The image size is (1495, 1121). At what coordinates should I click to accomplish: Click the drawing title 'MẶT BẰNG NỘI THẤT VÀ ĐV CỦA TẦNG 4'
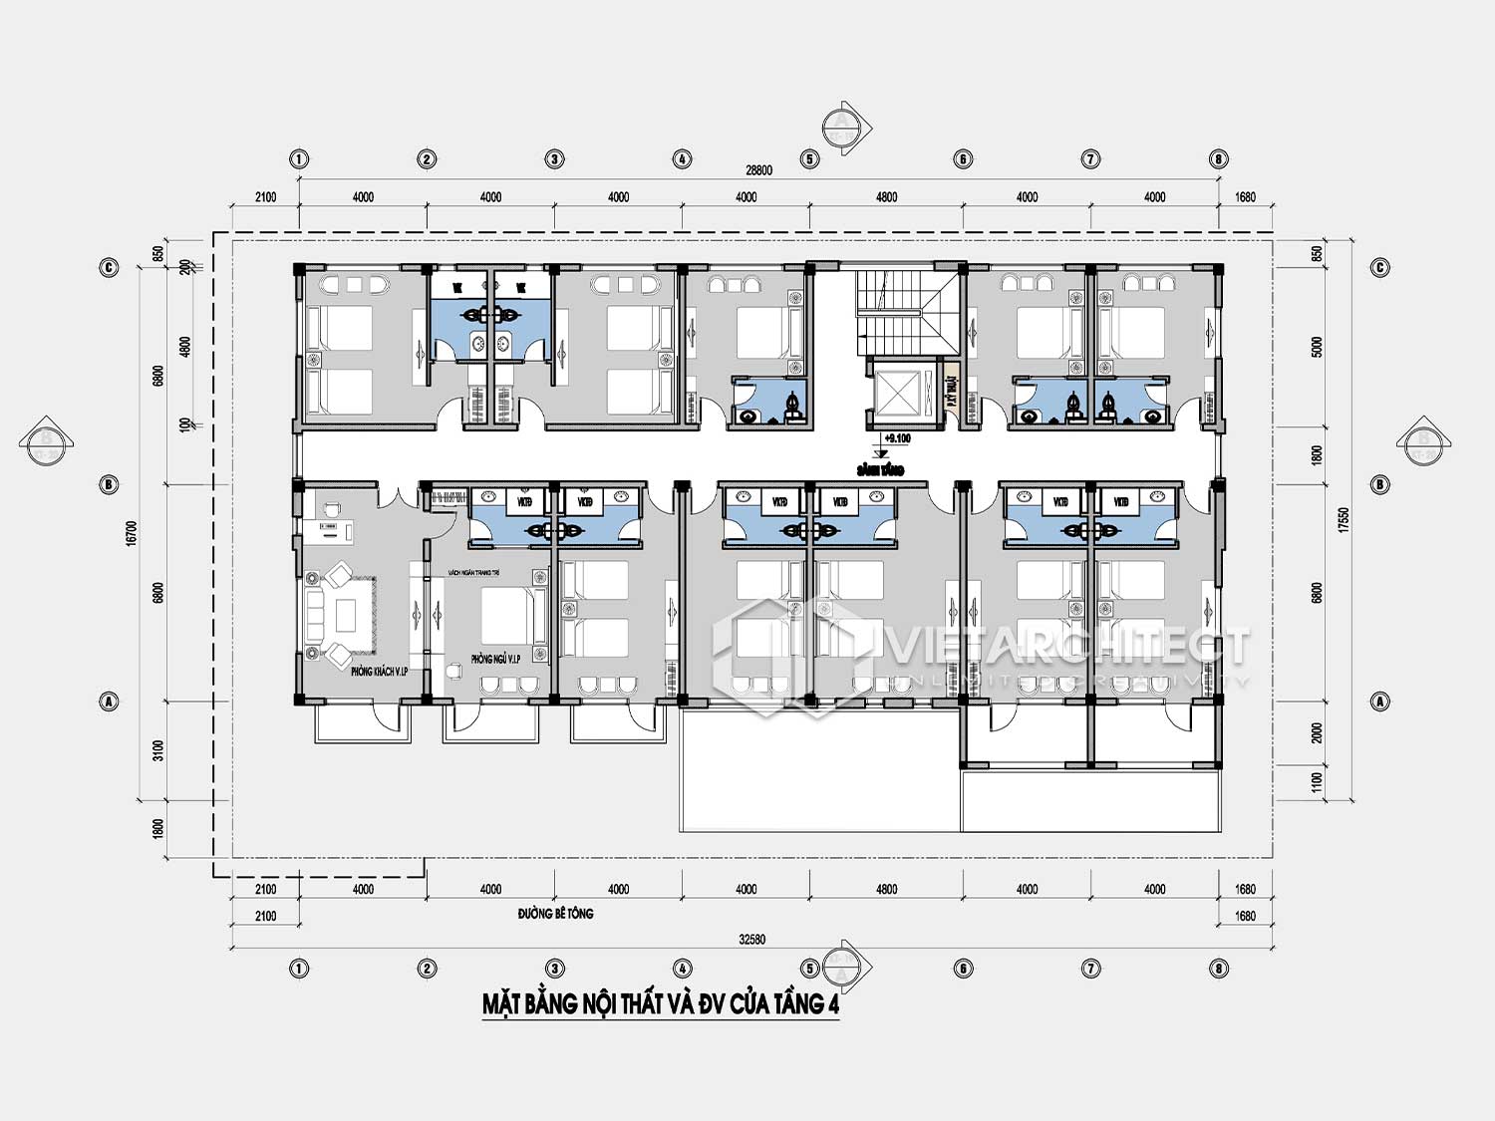tap(661, 1003)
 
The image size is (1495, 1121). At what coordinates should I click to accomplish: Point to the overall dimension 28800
tap(759, 170)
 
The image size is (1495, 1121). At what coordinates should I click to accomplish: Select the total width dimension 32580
tap(752, 939)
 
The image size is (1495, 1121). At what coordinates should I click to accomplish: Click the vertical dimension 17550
tap(1345, 520)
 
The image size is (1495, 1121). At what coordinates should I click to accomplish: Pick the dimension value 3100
tap(158, 749)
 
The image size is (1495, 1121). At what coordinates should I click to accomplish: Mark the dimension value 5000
tap(1318, 348)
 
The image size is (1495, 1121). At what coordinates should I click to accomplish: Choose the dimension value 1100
tap(1318, 782)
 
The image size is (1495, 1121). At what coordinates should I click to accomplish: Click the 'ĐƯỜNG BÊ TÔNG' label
tap(555, 914)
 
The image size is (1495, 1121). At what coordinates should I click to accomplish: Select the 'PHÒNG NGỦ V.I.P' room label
tap(496, 659)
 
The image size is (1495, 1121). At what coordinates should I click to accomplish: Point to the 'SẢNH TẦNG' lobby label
tap(880, 469)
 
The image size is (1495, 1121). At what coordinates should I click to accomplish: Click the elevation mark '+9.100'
tap(897, 438)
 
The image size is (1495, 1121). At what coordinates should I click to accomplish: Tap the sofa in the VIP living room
tap(316, 615)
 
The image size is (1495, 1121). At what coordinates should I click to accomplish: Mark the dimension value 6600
tap(158, 377)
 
